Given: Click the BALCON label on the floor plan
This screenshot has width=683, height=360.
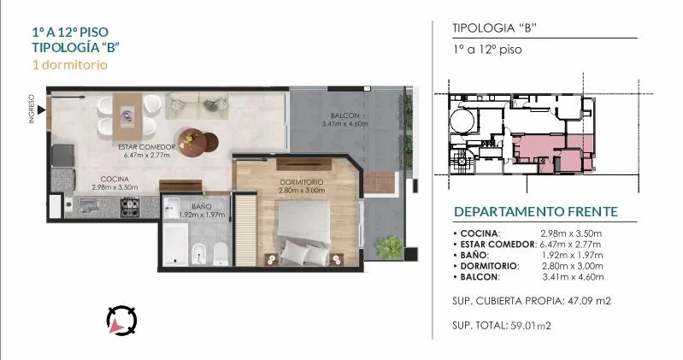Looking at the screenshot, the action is point(345,115).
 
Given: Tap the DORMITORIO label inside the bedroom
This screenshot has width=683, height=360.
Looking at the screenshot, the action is point(302,182).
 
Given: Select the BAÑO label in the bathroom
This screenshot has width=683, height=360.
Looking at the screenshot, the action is point(201,206).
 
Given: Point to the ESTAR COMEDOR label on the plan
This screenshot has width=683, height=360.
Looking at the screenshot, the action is point(147,147).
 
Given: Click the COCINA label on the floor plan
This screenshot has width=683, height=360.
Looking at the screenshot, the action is point(115,179).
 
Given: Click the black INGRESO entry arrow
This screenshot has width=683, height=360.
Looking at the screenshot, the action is point(41,109).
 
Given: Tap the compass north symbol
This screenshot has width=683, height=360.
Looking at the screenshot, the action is point(121,321).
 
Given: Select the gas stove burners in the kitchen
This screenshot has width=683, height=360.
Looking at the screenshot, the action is point(130,205).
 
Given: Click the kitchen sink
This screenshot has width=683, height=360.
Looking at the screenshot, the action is point(89,204).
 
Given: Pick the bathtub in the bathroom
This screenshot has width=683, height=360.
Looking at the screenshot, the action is point(175,244).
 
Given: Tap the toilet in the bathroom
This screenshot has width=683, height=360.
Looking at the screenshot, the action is point(221,254).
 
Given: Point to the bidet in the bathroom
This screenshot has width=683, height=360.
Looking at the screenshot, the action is point(199,254).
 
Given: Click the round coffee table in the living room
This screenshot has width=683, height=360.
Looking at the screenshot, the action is point(191,142).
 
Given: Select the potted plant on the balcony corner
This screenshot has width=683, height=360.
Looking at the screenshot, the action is point(389,247).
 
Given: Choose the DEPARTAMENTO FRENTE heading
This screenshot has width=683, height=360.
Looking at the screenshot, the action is point(536,212).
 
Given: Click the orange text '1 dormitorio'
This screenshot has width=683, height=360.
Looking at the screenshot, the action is point(70,65).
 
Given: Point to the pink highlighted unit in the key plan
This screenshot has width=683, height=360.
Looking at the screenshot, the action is point(553,152).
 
